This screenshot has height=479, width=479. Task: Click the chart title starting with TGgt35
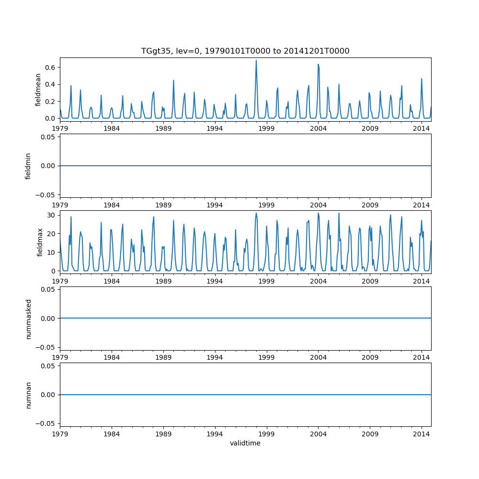245,51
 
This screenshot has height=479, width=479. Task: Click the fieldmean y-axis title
38,90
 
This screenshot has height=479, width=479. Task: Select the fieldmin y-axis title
28,166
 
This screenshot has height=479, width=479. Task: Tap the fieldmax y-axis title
40,242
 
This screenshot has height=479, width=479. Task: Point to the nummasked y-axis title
28,319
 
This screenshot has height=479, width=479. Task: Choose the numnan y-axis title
28,395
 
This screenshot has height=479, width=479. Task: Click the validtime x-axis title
245,444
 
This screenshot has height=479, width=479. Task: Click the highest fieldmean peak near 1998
256,60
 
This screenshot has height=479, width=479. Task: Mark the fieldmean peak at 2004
318,64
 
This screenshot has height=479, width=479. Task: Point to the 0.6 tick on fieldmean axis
50,68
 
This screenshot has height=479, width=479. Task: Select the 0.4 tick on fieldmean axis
50,84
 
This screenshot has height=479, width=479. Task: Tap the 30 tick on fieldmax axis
51,215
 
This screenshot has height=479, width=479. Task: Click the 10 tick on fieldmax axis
51,252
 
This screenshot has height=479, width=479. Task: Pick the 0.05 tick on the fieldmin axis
47,137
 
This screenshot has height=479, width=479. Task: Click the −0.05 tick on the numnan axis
46,423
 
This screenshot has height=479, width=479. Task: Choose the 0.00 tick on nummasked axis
47,319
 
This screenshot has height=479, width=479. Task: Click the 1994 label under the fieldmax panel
215,281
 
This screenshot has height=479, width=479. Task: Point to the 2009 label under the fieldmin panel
370,205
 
